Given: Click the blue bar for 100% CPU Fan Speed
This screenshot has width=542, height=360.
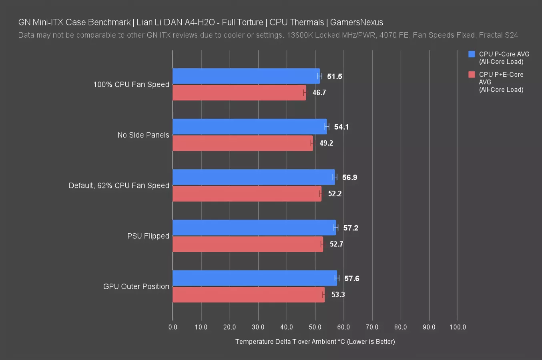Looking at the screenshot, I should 246,76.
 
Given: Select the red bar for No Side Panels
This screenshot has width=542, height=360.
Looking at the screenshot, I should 243,143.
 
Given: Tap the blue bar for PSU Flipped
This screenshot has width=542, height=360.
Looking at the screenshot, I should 254,228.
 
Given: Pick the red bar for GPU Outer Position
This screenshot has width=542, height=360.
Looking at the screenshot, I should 248,295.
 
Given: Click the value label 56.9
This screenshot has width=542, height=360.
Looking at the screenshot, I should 349,177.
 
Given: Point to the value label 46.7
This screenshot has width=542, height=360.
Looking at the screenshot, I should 319,93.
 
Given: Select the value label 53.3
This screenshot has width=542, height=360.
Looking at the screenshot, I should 338,295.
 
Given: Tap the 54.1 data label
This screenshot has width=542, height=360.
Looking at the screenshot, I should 341,127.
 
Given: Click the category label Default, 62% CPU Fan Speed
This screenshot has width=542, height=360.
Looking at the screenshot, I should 119,186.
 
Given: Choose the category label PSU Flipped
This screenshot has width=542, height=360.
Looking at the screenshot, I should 148,236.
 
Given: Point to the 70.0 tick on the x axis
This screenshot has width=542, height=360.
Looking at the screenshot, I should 372,327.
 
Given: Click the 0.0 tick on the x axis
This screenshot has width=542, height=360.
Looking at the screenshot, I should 173,327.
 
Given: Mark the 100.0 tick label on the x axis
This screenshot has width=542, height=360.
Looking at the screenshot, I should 458,327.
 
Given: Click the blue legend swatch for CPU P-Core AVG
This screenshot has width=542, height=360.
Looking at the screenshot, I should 472,54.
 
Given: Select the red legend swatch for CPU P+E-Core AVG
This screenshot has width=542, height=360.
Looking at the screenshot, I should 472,74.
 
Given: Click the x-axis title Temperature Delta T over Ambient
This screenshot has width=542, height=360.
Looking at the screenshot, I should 315,342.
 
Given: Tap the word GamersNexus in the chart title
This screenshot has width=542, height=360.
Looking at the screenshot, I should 356,22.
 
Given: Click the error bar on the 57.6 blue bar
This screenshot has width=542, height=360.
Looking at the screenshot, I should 337,278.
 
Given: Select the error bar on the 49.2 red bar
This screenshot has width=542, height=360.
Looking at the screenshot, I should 312,143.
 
